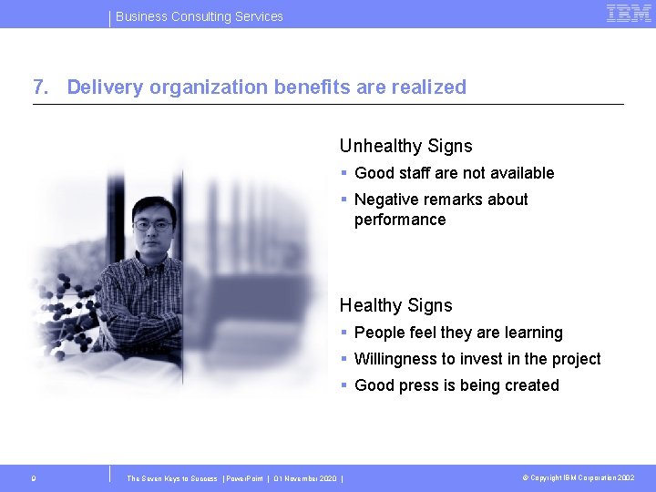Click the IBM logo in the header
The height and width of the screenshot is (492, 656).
point(629,14)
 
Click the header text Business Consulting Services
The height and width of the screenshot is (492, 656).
point(200,16)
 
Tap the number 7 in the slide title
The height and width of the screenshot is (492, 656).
point(38,87)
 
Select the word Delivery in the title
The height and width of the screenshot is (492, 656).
point(105,87)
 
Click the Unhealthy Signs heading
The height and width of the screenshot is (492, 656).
point(405,146)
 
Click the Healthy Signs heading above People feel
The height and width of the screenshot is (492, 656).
point(395,305)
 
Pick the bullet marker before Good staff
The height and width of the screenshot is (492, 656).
point(343,173)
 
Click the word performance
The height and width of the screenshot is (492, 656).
point(400,220)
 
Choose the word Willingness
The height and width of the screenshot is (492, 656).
point(397,359)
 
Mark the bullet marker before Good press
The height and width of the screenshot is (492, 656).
point(343,385)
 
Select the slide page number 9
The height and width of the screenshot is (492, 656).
point(33,477)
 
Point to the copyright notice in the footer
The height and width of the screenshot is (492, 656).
point(579,477)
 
